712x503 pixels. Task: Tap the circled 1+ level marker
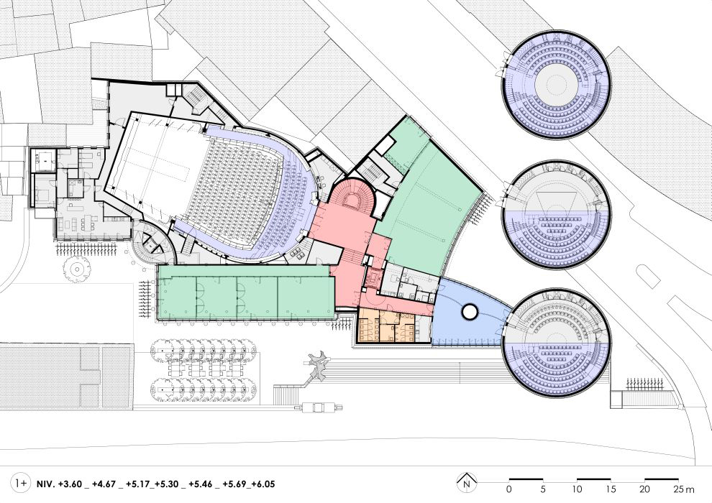click(x=21, y=483)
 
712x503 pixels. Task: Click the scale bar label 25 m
click(x=684, y=489)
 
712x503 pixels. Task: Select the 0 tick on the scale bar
click(x=509, y=489)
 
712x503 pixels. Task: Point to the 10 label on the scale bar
click(x=577, y=489)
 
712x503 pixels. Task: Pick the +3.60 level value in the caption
click(x=70, y=484)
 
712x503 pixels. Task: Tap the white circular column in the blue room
click(x=469, y=312)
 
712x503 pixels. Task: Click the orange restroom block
click(x=387, y=326)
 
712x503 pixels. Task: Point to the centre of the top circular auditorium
click(x=557, y=85)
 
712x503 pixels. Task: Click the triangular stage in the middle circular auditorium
click(x=556, y=202)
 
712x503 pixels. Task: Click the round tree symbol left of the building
click(x=76, y=269)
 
